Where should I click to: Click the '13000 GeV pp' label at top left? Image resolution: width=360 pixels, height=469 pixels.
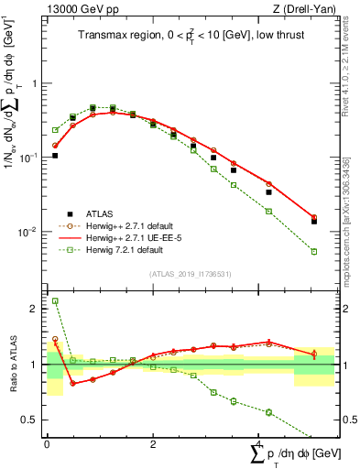[x=75, y=9]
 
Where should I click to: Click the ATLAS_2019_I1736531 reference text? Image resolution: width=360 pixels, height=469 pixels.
[x=190, y=273]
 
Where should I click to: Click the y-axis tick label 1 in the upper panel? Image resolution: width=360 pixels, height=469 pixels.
[x=36, y=83]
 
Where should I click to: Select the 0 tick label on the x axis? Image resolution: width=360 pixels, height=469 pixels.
[x=47, y=442]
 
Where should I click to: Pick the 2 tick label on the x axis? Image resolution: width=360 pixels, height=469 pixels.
[x=153, y=442]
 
